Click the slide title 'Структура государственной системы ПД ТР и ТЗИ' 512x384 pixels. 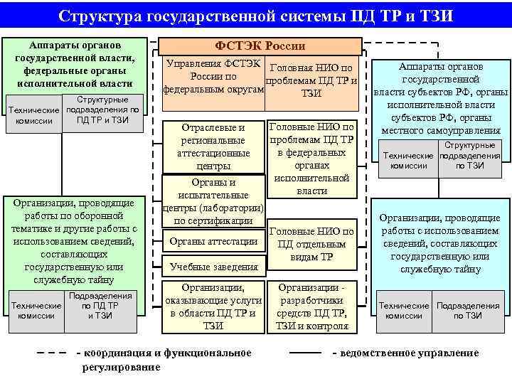tap(255, 16)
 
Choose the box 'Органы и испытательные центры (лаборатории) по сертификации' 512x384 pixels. tap(213, 201)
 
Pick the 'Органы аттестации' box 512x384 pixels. tap(213, 242)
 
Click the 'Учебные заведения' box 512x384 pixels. tap(213, 267)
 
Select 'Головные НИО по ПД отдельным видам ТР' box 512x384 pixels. tap(311, 244)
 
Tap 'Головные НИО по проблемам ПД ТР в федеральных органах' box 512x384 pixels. tap(311, 158)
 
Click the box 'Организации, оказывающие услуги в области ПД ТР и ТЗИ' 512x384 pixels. tap(213, 306)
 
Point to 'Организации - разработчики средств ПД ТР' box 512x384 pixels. tap(311, 306)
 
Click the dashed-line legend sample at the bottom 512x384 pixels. tap(53, 353)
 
